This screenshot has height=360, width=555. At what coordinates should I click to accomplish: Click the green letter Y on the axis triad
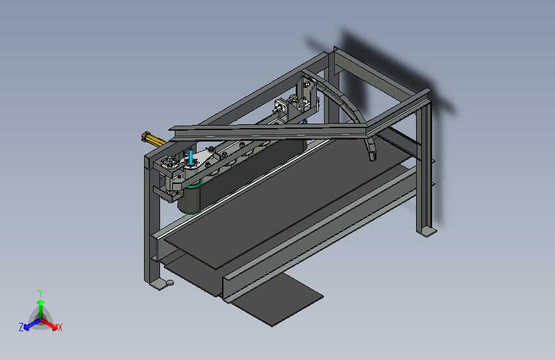(40, 292)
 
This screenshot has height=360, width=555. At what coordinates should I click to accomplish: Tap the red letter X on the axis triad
(60, 328)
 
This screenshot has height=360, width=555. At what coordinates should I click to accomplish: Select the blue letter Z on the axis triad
(21, 327)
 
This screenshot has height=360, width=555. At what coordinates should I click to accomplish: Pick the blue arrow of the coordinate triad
(29, 324)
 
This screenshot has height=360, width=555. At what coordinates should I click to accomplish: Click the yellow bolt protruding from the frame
(151, 138)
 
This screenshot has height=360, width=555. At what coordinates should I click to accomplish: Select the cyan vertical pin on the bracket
(191, 158)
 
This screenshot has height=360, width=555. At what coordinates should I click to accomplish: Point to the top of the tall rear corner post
(334, 51)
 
